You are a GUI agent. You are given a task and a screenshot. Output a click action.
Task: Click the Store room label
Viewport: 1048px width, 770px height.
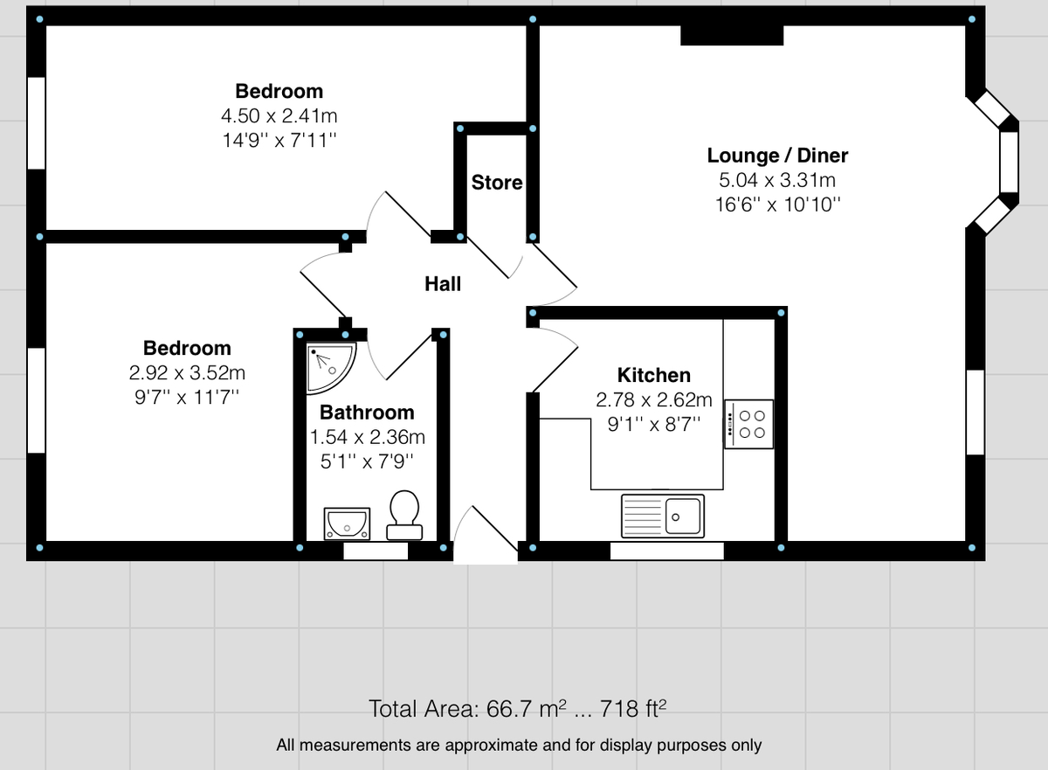497,183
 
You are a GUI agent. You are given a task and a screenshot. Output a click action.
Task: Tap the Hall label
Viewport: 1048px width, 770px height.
443,283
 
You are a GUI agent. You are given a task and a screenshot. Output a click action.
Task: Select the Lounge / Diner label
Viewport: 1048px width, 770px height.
777,156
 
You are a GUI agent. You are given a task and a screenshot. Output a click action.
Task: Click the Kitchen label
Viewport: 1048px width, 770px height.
654,375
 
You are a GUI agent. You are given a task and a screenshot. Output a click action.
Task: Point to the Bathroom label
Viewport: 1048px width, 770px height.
367,413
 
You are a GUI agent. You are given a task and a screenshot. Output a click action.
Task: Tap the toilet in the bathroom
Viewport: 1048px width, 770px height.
403,514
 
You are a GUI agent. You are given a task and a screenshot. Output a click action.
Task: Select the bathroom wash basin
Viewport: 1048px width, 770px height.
347,523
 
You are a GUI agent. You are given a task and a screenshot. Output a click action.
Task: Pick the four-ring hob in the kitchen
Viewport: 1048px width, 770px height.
748,425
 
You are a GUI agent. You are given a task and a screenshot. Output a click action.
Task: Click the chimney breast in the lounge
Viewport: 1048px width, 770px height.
732,35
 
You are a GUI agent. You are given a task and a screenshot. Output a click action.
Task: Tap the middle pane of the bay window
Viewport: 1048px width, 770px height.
1009,163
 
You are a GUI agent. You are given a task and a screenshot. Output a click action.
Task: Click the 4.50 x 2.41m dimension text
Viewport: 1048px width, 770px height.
279,115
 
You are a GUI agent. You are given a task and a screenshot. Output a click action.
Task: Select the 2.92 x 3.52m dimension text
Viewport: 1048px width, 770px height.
187,372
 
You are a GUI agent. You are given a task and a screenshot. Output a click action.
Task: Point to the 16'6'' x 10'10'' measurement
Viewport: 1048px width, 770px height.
777,205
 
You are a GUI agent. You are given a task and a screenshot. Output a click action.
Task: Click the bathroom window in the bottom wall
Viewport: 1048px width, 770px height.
376,551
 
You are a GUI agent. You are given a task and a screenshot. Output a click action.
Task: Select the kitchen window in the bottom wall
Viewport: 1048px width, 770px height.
666,551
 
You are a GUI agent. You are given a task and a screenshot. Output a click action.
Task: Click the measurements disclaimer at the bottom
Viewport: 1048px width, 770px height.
519,746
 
